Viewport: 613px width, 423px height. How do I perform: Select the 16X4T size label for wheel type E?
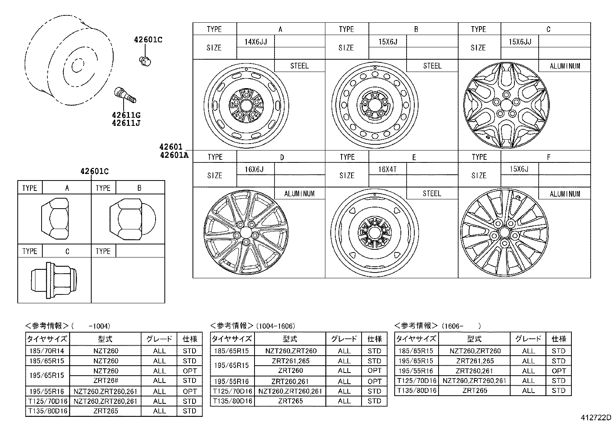pyautogui.click(x=387, y=169)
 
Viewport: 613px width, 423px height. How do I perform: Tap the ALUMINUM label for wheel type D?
pyautogui.click(x=299, y=194)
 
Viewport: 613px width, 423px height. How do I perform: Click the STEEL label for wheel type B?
pyautogui.click(x=432, y=66)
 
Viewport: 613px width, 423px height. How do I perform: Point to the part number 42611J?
pyautogui.click(x=126, y=123)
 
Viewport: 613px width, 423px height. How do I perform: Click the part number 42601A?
pyautogui.click(x=174, y=155)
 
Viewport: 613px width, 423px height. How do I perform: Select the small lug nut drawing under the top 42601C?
pyautogui.click(x=145, y=60)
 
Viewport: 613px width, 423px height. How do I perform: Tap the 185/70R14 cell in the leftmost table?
pyautogui.click(x=47, y=351)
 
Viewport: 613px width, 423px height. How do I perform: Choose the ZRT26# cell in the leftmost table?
pyautogui.click(x=106, y=381)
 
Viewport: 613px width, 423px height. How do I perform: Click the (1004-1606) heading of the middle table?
pyautogui.click(x=275, y=326)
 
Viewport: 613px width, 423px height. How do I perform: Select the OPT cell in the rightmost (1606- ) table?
pyautogui.click(x=558, y=371)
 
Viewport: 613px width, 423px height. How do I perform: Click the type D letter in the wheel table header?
pyautogui.click(x=281, y=157)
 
